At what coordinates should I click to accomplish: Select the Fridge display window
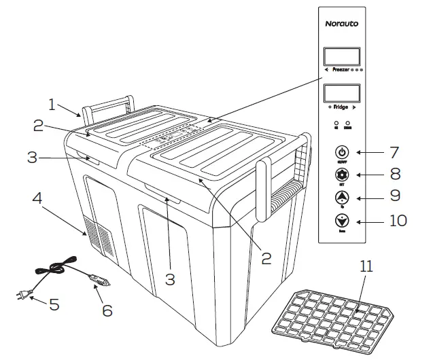coord(341,95)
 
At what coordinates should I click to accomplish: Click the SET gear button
coord(341,175)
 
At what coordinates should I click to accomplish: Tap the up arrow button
coord(341,198)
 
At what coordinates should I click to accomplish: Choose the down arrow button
coord(341,221)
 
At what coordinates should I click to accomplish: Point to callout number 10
coord(397,221)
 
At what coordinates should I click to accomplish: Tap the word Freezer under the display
coord(345,70)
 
